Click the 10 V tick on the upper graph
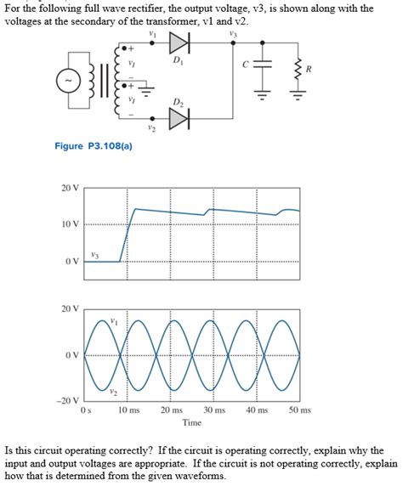pos(70,224)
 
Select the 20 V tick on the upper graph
pos(70,187)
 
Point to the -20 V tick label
pos(68,401)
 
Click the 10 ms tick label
pos(128,410)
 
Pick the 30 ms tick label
pos(214,410)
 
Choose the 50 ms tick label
pos(300,410)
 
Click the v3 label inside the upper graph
pos(94,254)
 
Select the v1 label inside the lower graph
pos(113,320)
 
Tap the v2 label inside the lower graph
pos(112,390)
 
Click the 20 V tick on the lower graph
pos(70,308)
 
